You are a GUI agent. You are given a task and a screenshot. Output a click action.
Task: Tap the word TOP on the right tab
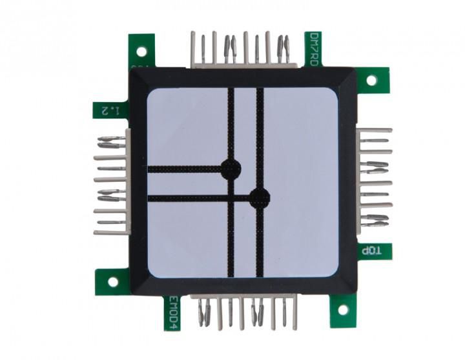click(375, 251)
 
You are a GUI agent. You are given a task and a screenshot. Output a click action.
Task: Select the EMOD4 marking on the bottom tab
click(172, 312)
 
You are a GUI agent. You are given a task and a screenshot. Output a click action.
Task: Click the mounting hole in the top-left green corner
click(141, 50)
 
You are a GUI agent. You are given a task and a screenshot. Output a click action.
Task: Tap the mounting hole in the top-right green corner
click(371, 80)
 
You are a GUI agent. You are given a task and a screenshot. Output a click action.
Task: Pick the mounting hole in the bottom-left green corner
click(113, 281)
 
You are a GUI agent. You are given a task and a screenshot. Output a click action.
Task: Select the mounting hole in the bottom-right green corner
click(343, 310)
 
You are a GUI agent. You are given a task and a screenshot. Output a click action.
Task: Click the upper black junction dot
click(231, 169)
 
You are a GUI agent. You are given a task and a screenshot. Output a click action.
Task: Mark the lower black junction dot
click(260, 198)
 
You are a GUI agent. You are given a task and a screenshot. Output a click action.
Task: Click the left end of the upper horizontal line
click(150, 169)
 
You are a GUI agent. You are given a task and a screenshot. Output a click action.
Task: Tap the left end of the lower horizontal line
click(150, 198)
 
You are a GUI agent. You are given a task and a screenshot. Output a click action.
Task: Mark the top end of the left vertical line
click(231, 90)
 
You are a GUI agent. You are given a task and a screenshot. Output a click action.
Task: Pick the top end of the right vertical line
click(260, 90)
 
